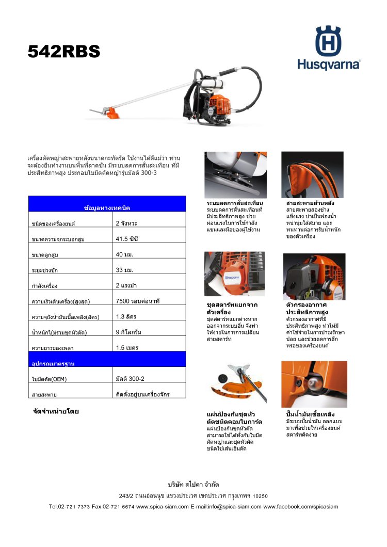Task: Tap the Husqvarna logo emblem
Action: pyautogui.click(x=329, y=41)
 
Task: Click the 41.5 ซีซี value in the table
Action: pyautogui.click(x=127, y=239)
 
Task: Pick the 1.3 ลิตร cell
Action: pyautogui.click(x=126, y=316)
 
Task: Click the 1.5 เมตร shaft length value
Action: pyautogui.click(x=127, y=347)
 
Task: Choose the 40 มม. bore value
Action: pyautogui.click(x=126, y=254)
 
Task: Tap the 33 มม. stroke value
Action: pyautogui.click(x=126, y=270)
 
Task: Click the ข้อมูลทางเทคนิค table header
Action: pyautogui.click(x=107, y=207)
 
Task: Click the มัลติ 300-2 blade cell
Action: pyautogui.click(x=130, y=379)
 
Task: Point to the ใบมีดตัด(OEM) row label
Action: pyautogui.click(x=50, y=379)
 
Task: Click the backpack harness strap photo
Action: pyautogui.click(x=312, y=174)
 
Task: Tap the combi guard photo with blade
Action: pyautogui.click(x=237, y=383)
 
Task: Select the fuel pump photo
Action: pyautogui.click(x=314, y=383)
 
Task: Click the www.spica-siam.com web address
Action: pyautogui.click(x=163, y=507)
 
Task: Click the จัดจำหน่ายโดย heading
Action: pyautogui.click(x=55, y=412)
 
